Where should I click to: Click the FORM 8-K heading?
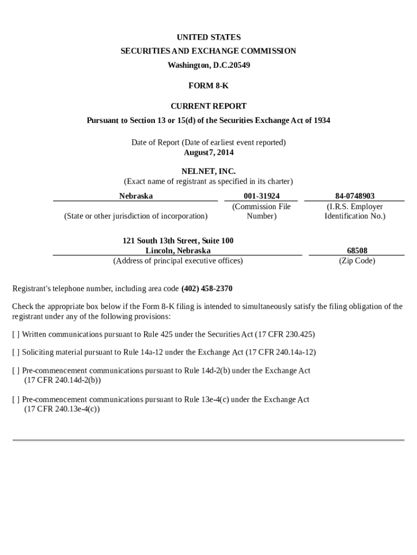point(208,86)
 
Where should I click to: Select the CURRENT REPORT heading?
point(208,106)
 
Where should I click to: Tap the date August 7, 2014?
point(208,152)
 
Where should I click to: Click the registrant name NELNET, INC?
point(208,171)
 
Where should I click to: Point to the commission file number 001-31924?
point(262,196)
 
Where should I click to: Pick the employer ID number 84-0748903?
point(355,196)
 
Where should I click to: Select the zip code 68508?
point(357,250)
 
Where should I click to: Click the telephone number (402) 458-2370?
point(207,288)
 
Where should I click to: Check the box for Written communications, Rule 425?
point(16,334)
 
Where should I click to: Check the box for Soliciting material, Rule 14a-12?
point(16,352)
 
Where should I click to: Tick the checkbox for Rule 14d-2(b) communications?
point(16,371)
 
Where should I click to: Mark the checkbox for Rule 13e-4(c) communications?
point(16,399)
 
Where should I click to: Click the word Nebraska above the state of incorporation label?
point(136,196)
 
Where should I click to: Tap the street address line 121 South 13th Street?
point(178,241)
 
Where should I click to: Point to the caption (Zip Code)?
point(357,261)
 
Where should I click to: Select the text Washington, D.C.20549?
point(208,65)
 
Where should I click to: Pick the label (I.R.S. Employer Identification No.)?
point(355,211)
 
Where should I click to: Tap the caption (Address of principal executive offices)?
point(178,261)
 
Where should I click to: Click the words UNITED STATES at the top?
point(208,37)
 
